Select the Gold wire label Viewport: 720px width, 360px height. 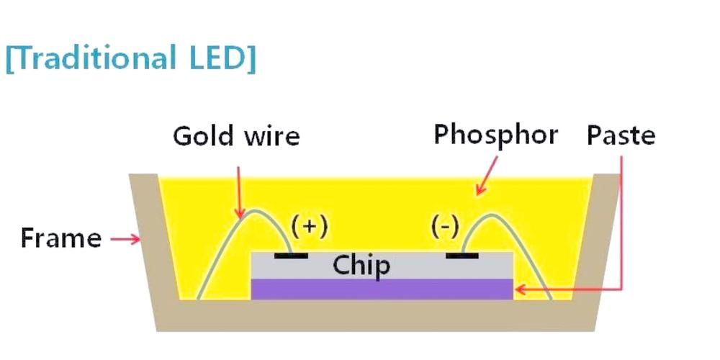pyautogui.click(x=235, y=136)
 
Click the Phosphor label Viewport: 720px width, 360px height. pyautogui.click(x=495, y=135)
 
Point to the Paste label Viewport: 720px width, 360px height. pyautogui.click(x=621, y=135)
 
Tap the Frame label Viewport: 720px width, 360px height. pyautogui.click(x=61, y=238)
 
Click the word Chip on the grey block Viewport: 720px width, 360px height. pyautogui.click(x=361, y=266)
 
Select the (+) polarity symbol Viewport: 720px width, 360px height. pyautogui.click(x=310, y=226)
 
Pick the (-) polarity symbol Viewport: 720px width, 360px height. pyautogui.click(x=445, y=226)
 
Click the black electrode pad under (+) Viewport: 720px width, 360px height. pyautogui.click(x=292, y=255)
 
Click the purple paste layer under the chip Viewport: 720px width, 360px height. pyautogui.click(x=382, y=289)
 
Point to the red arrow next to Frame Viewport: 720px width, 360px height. pyautogui.click(x=126, y=239)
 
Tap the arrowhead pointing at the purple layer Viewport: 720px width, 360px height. pyautogui.click(x=520, y=290)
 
